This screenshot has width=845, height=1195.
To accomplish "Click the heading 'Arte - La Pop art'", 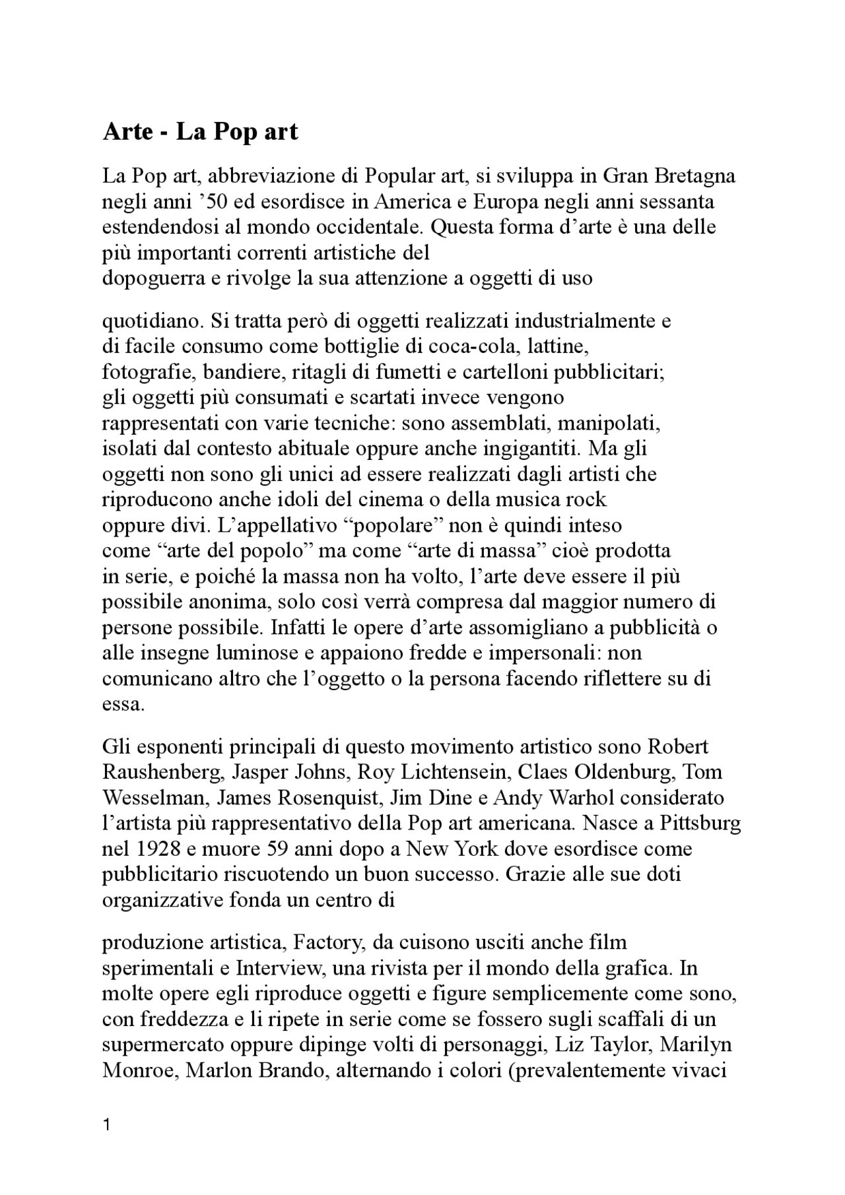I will pos(200,132).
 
